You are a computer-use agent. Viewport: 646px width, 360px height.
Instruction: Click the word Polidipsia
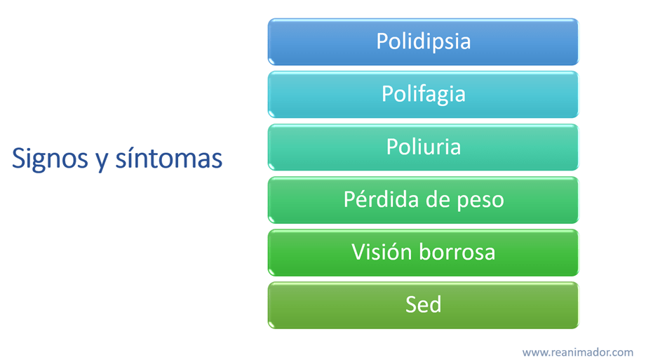coord(423,41)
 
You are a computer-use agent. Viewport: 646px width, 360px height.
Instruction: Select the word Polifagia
coord(423,95)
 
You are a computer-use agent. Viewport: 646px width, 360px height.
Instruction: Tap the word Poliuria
coord(423,147)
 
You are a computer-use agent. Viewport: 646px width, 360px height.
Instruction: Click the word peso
coord(480,201)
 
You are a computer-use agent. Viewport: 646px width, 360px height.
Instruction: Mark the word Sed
coord(423,305)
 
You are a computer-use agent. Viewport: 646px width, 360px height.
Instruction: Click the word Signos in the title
coord(50,159)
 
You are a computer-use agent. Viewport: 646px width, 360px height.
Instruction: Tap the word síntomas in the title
coord(169,158)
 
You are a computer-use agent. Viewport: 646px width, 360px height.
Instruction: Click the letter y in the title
coord(102,161)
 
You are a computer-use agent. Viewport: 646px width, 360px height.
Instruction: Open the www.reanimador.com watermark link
coord(577,352)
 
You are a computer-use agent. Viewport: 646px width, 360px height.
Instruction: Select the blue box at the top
coord(423,41)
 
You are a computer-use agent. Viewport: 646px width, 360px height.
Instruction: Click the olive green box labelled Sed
coord(423,305)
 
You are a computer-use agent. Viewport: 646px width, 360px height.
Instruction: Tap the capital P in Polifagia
coord(388,93)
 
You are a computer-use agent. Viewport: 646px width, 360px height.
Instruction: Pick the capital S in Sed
coord(411,305)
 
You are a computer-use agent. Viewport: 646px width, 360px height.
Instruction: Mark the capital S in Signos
coord(19,158)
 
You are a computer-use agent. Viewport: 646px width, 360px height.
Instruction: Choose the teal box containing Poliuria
coord(423,147)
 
